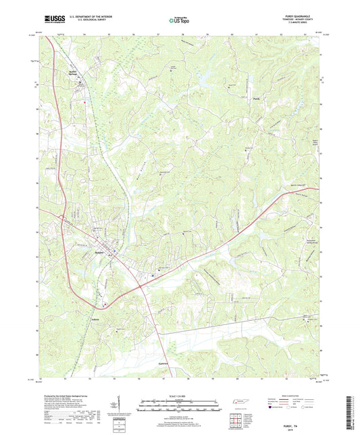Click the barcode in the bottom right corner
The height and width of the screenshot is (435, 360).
(x=351, y=405)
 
